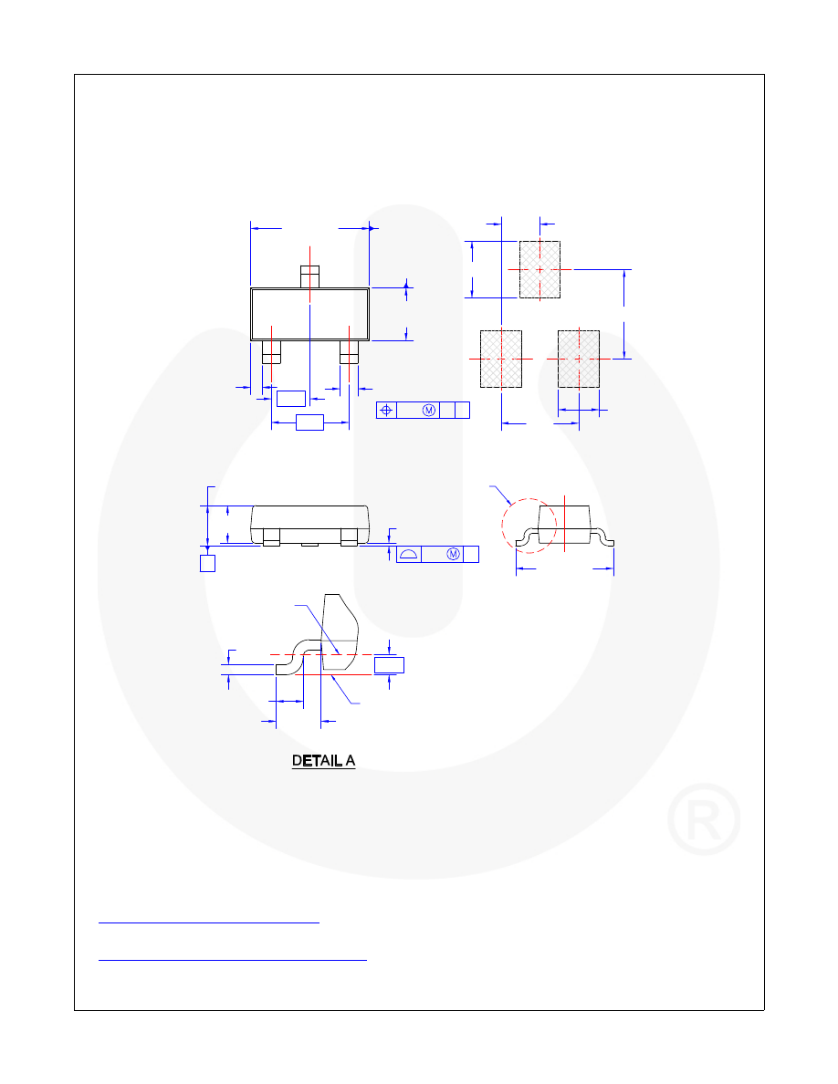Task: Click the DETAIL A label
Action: [x=323, y=760]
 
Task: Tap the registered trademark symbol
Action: [x=704, y=819]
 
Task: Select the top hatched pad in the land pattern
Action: [x=540, y=269]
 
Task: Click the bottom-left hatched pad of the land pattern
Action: [x=501, y=359]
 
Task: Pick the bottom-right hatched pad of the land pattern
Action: [x=579, y=359]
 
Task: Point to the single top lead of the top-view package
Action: [x=309, y=276]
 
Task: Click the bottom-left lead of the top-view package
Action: [x=271, y=352]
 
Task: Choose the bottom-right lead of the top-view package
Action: [x=349, y=352]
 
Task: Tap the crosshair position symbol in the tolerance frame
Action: [x=386, y=410]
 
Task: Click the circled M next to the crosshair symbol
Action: [x=429, y=410]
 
